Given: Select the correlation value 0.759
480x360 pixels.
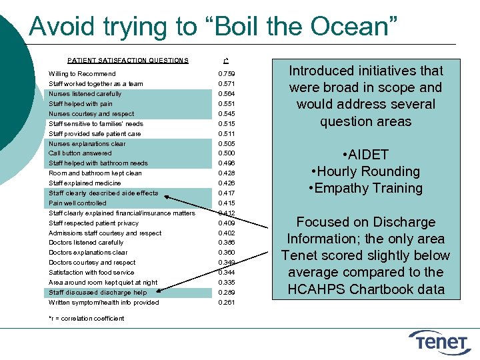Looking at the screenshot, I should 227,74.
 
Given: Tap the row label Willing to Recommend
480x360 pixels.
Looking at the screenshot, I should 82,74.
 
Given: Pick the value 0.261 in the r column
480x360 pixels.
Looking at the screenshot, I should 227,303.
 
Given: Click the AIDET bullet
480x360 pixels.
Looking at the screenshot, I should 365,155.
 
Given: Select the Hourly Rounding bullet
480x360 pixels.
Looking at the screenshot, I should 365,171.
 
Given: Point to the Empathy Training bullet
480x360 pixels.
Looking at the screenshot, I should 365,188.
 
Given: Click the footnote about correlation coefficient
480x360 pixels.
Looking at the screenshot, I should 86,318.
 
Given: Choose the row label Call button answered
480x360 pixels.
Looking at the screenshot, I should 80,153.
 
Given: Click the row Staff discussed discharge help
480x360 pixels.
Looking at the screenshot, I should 97,293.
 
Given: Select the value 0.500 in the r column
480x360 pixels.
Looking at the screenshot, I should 227,153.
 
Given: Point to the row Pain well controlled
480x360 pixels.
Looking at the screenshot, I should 77,203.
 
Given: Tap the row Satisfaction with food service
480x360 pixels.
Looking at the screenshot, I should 91,273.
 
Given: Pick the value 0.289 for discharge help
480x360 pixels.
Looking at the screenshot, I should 227,293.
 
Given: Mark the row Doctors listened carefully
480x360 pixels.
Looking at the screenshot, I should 86,243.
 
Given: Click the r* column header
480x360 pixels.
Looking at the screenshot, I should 227,60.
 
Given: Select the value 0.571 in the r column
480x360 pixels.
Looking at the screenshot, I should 227,84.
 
